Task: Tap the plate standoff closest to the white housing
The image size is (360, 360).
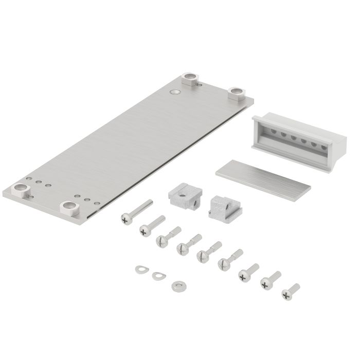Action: [x=237, y=93]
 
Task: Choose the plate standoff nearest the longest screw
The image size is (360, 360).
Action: [x=69, y=207]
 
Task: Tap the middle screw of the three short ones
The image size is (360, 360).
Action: [x=265, y=282]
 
